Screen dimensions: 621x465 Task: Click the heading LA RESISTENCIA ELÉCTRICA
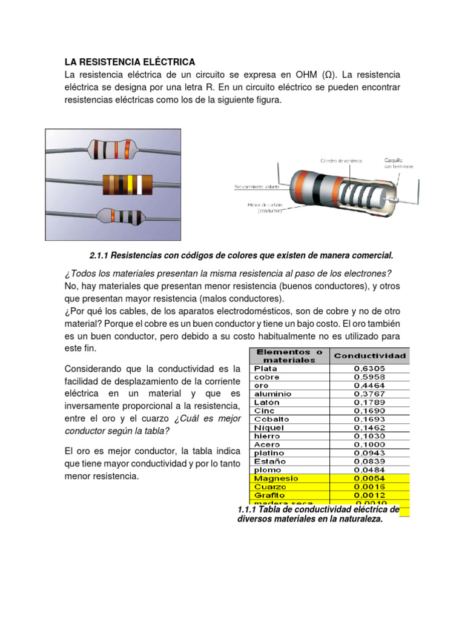coord(130,62)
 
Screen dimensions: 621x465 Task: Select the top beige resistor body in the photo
coord(111,149)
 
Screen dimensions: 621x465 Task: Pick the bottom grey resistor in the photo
coord(119,216)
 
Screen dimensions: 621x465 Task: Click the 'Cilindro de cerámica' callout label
coord(341,161)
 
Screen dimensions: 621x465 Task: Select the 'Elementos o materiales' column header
coord(289,356)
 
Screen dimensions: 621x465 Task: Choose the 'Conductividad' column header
coord(370,356)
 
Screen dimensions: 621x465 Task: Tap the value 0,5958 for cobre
coord(369,377)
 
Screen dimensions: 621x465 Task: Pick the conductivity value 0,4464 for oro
coord(369,385)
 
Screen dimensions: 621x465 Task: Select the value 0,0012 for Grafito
coord(369,495)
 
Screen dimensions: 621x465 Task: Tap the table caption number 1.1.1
coord(249,510)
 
